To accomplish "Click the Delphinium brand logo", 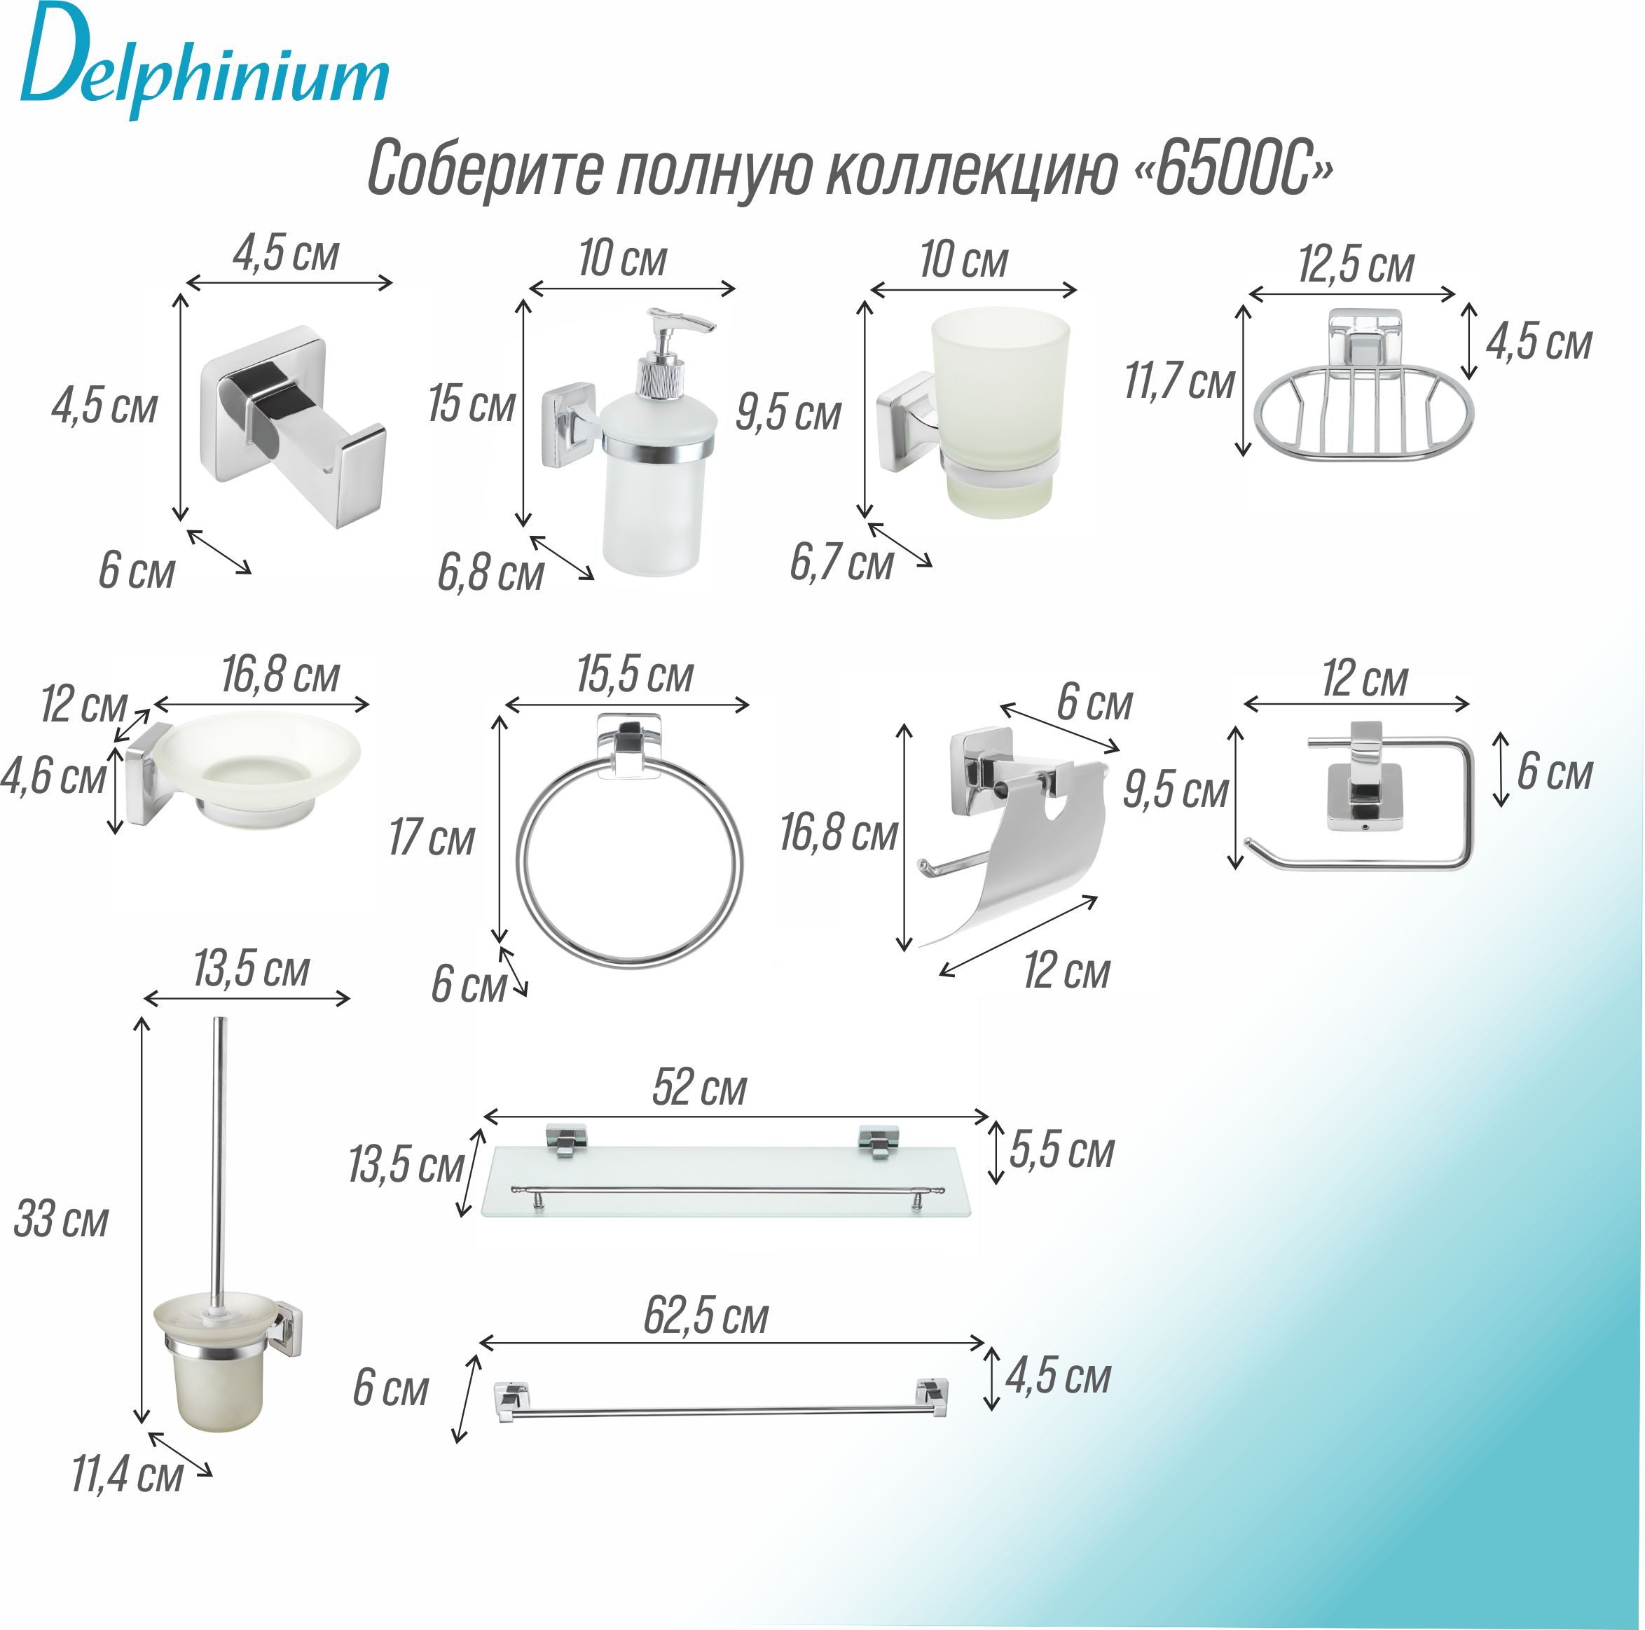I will click(x=205, y=64).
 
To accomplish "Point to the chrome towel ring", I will click(x=630, y=859).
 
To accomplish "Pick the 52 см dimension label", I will click(x=699, y=1089).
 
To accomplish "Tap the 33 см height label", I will click(x=62, y=1219).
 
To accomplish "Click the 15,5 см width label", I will click(x=634, y=676).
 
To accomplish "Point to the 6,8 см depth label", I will click(x=490, y=573).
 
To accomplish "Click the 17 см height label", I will click(x=432, y=838).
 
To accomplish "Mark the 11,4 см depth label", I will click(x=127, y=1474).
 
